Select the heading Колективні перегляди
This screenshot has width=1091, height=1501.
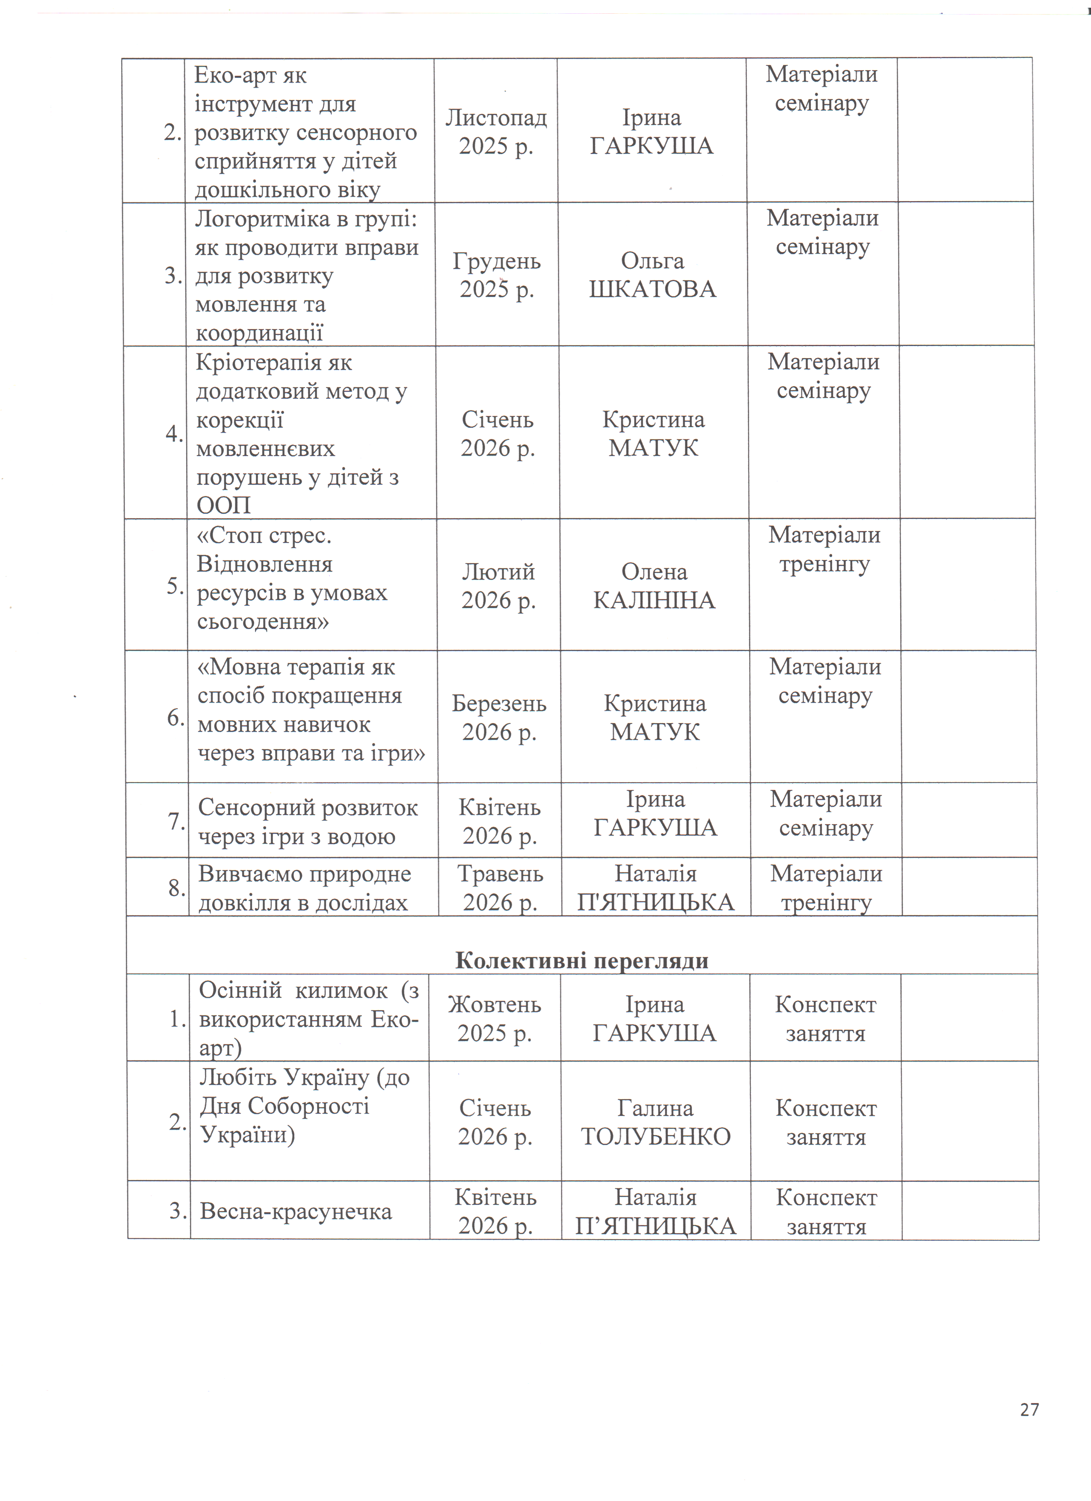point(581,960)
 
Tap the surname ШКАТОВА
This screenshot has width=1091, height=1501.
point(652,289)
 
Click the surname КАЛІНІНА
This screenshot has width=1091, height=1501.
point(654,600)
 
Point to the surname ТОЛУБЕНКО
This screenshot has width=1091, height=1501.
point(655,1136)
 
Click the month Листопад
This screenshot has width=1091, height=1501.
point(495,118)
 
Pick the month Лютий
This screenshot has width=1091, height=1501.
point(498,571)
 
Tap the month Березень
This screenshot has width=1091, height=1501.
point(499,703)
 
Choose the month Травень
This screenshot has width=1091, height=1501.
point(500,874)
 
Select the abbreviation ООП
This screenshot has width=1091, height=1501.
point(224,506)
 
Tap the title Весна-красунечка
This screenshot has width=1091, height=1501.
point(296,1211)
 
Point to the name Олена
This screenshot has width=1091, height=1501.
point(654,572)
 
